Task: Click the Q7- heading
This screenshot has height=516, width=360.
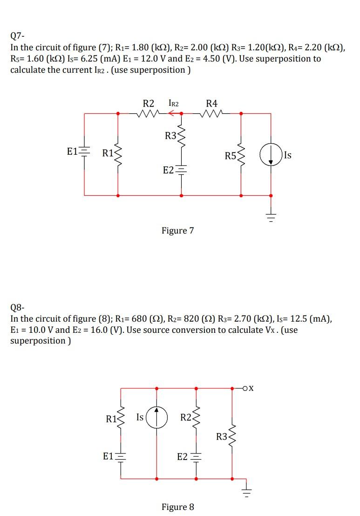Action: pos(17,35)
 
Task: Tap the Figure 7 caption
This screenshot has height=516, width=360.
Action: pos(177,230)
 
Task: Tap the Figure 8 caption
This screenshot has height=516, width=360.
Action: pos(177,507)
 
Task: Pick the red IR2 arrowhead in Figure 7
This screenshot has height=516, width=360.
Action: pos(171,113)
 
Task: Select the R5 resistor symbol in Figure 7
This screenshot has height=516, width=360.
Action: pos(241,155)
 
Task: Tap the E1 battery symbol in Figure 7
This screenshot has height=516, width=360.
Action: pos(84,152)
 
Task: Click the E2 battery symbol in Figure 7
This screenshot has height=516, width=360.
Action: pos(181,171)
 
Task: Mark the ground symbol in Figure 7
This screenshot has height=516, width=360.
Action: pos(271,215)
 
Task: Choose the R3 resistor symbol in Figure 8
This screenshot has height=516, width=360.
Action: pos(232,437)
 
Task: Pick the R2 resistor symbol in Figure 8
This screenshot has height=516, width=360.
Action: pos(196,417)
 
